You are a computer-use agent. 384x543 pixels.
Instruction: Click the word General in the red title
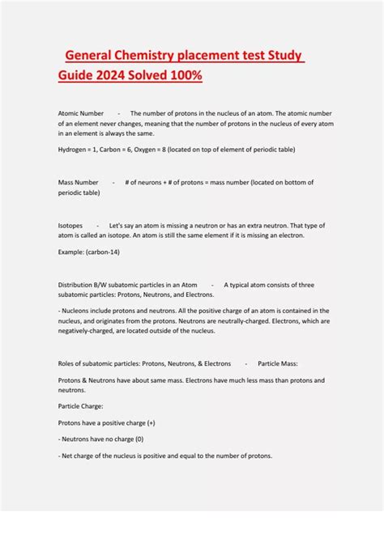pyautogui.click(x=91, y=56)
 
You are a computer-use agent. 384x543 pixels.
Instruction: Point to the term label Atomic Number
pyautogui.click(x=81, y=113)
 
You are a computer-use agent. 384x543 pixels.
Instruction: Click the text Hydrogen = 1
pyautogui.click(x=80, y=150)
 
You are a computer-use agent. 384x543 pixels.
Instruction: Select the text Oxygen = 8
pyautogui.click(x=163, y=150)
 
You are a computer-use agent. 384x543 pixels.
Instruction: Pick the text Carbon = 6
pyautogui.click(x=122, y=150)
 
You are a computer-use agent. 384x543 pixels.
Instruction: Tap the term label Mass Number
pyautogui.click(x=79, y=183)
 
